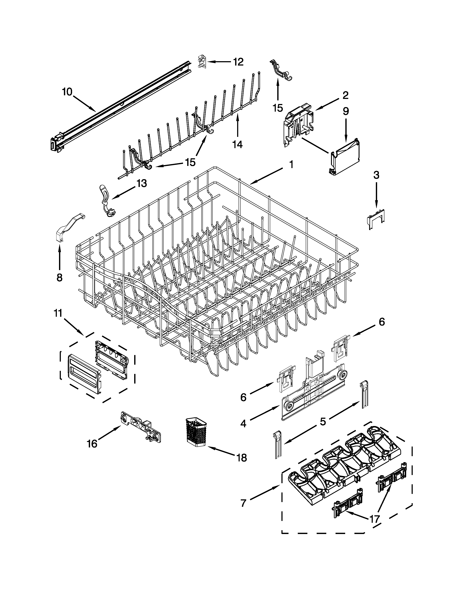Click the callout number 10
pyautogui.click(x=67, y=92)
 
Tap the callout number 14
pyautogui.click(x=237, y=144)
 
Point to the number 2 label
pyautogui.click(x=345, y=95)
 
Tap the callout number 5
pyautogui.click(x=323, y=421)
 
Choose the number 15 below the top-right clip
pyautogui.click(x=278, y=108)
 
